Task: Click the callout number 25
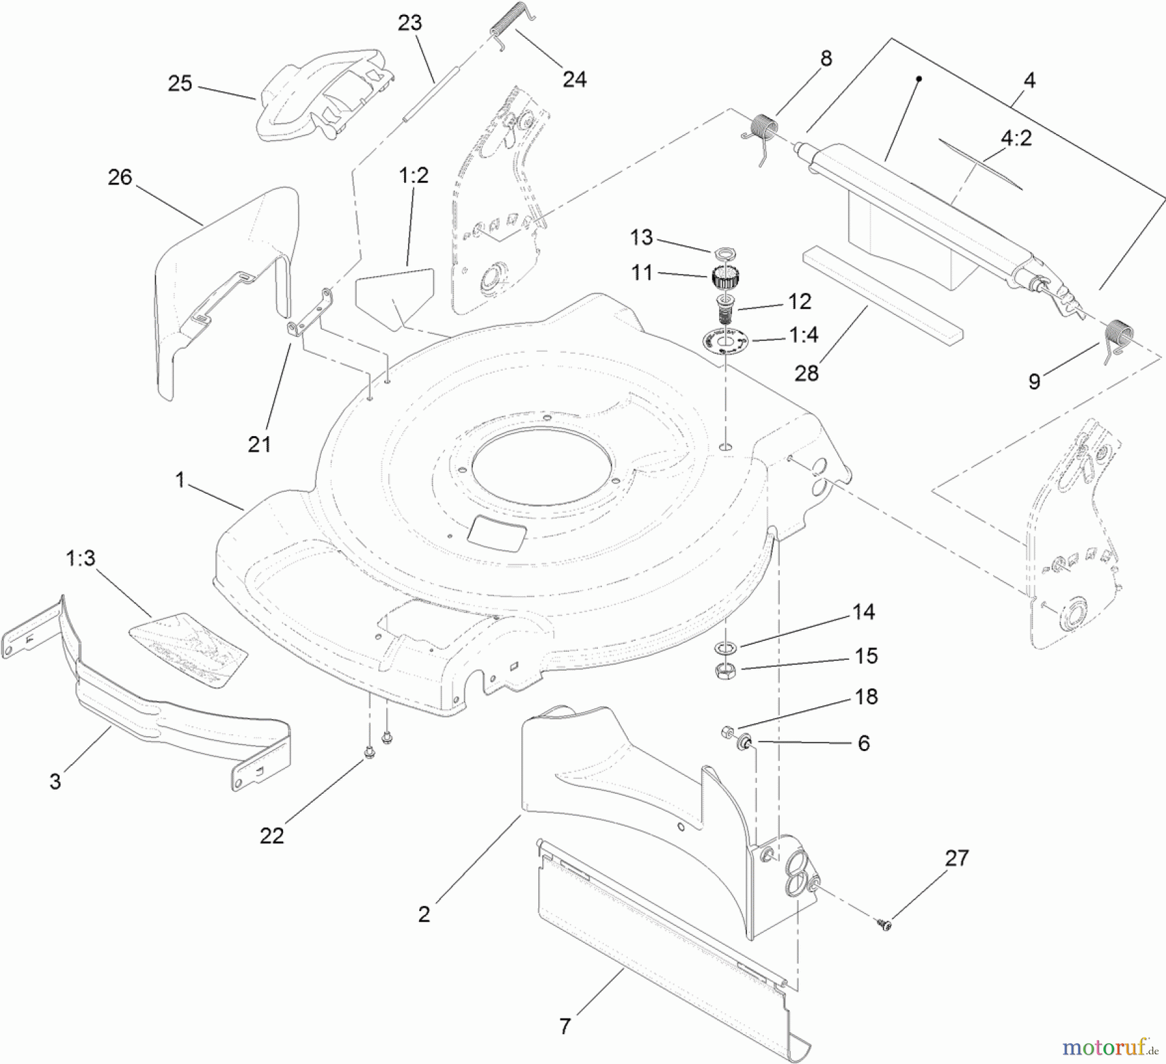tap(180, 84)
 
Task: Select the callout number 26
tap(120, 178)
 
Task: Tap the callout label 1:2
tap(414, 176)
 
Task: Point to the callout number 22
tap(272, 835)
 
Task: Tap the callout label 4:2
tap(1016, 139)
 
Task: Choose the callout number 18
tap(866, 697)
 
